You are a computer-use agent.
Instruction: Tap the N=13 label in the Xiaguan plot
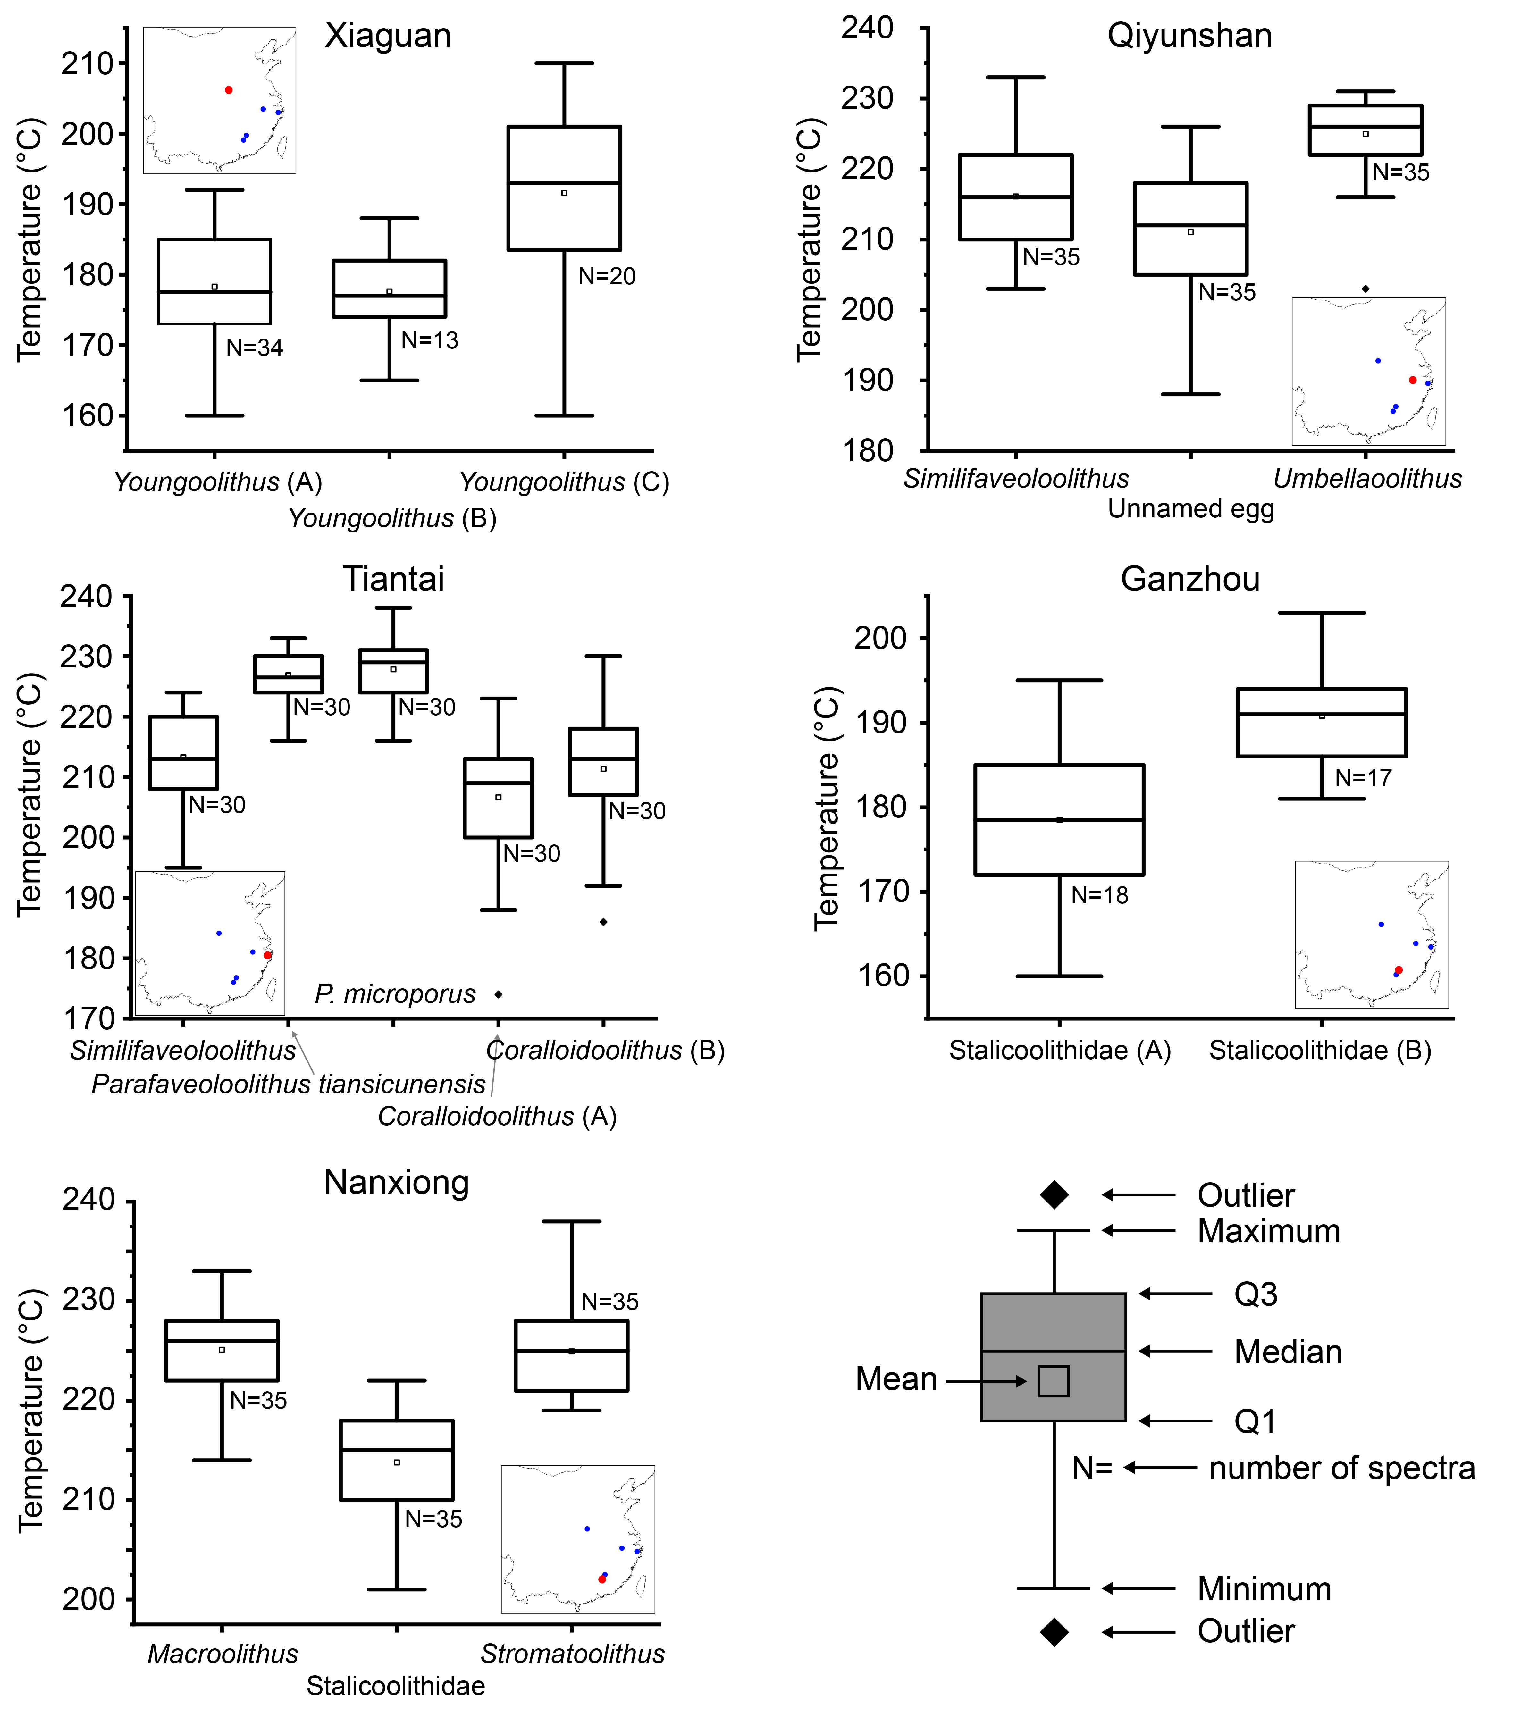tap(429, 340)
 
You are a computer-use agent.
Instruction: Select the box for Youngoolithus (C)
tap(565, 188)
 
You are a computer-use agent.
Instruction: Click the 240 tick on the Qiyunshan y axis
tap(867, 28)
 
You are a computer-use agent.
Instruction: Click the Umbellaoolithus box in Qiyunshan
tap(1366, 130)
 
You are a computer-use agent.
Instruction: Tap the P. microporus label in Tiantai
tap(395, 994)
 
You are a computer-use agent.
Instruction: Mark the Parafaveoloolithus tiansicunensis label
tap(288, 1084)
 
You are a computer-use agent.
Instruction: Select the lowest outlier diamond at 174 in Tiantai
tap(499, 994)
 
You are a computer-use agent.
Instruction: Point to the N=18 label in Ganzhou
tap(1099, 895)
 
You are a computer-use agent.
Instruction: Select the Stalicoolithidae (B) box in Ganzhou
tap(1322, 722)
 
